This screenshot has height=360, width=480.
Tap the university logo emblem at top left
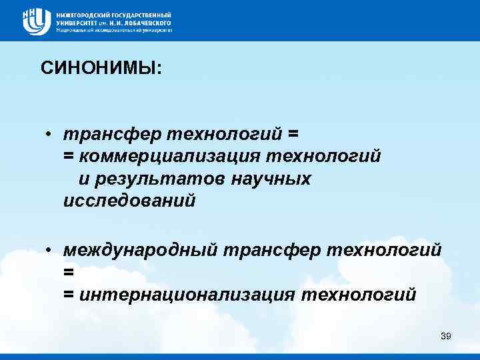[36, 21]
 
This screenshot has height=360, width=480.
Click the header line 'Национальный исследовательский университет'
[114, 30]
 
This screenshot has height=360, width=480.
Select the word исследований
[129, 200]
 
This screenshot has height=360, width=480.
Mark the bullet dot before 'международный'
[50, 250]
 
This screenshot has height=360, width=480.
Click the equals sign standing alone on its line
[67, 272]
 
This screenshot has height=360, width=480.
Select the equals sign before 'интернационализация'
[68, 294]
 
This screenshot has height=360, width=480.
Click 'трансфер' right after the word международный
[268, 249]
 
